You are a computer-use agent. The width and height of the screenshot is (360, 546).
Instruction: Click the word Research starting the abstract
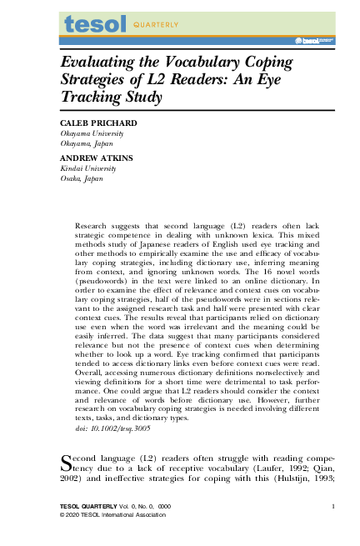(x=91, y=226)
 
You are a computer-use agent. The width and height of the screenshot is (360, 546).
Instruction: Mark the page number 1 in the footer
(x=332, y=507)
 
